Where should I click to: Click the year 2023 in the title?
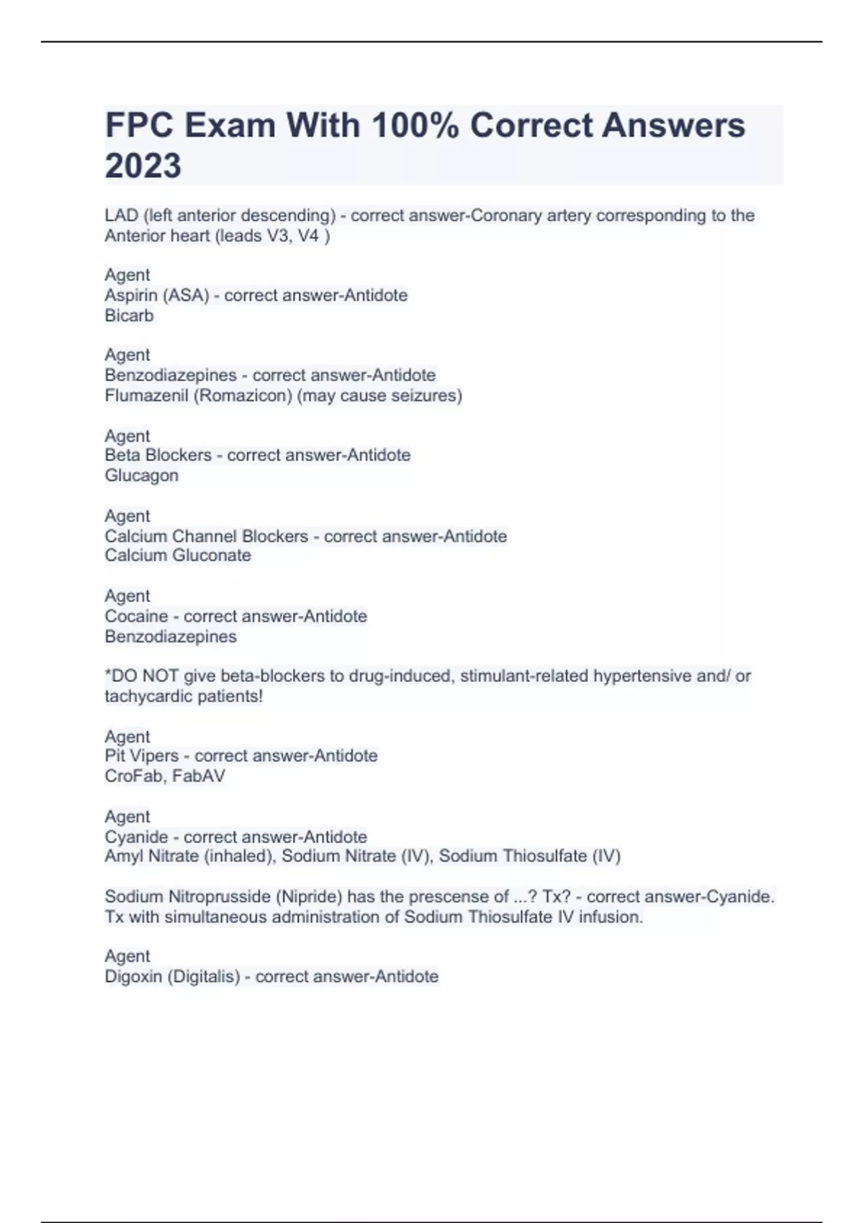click(x=143, y=165)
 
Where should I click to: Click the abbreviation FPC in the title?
click(x=140, y=125)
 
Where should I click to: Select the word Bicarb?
click(x=129, y=316)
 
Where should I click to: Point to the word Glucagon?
click(x=141, y=476)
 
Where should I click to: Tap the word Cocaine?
click(x=136, y=617)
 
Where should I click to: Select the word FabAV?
click(x=199, y=776)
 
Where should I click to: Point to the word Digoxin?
click(x=133, y=977)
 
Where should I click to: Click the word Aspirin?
click(x=131, y=296)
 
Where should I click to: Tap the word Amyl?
click(x=123, y=856)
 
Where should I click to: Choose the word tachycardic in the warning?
click(x=143, y=696)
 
